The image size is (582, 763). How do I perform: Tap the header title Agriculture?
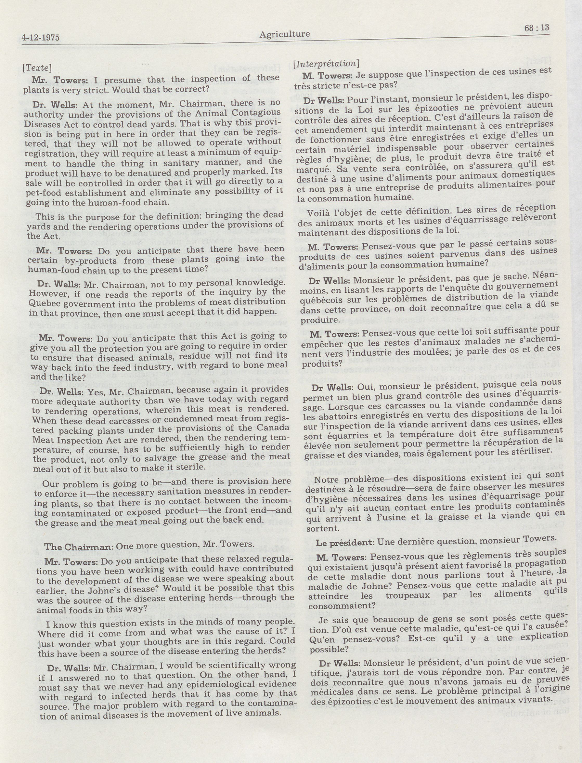284,34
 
